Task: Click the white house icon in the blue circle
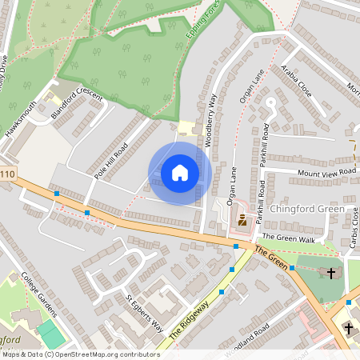tap(180, 173)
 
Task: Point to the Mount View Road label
tap(326, 172)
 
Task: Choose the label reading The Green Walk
tap(289, 238)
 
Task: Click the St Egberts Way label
tap(145, 316)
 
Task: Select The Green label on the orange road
tap(271, 259)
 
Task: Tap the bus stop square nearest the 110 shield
tap(57, 194)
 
